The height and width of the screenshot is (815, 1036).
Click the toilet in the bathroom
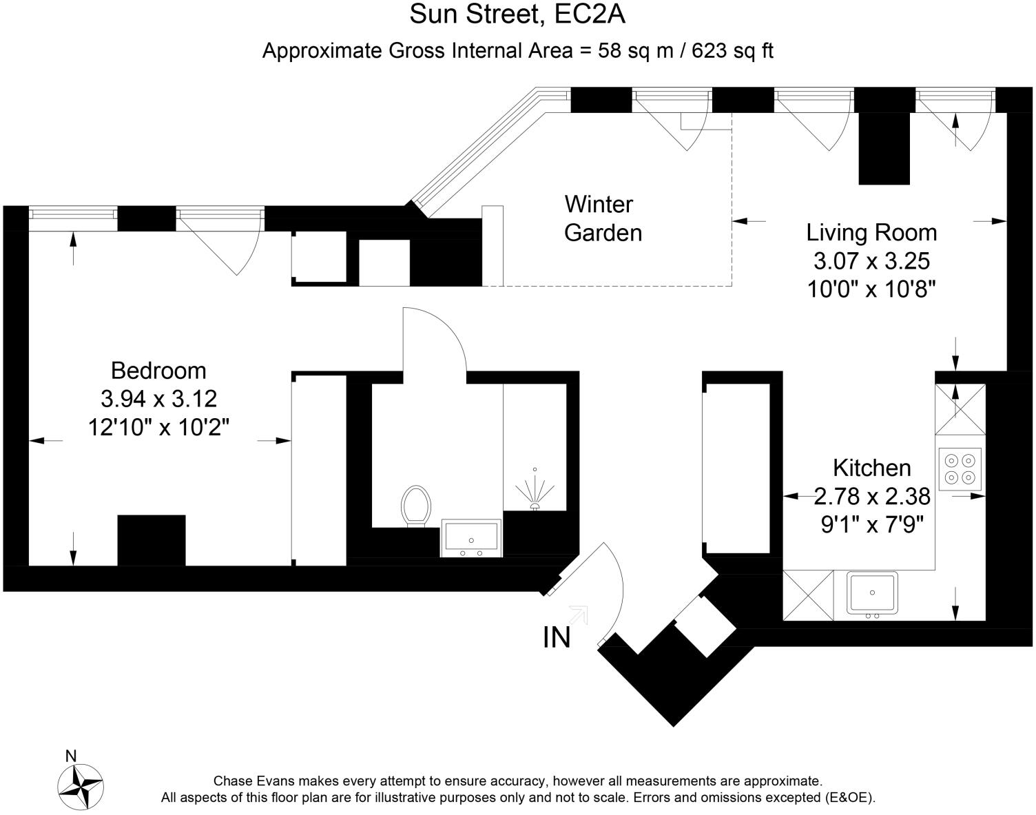(x=416, y=506)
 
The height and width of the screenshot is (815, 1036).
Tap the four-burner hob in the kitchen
(x=960, y=470)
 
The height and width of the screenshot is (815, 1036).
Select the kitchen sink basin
(x=872, y=592)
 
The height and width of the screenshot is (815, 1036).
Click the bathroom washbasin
(x=471, y=538)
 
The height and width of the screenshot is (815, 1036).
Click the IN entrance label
(x=557, y=638)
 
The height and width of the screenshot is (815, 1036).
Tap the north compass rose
(x=80, y=786)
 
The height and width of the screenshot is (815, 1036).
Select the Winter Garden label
(x=603, y=218)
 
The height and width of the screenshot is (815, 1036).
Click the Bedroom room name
(x=158, y=371)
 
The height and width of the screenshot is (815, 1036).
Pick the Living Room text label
(x=871, y=233)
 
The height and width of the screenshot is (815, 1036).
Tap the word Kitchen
(x=872, y=468)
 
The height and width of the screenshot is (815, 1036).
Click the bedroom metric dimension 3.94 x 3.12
(x=159, y=399)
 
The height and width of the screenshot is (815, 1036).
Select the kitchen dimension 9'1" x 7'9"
(x=872, y=524)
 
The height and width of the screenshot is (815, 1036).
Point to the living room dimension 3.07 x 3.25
(x=871, y=261)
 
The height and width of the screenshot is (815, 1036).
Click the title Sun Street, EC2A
(x=517, y=14)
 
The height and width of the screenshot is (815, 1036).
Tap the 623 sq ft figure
(x=732, y=50)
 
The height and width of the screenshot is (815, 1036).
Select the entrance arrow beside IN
(x=579, y=615)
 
